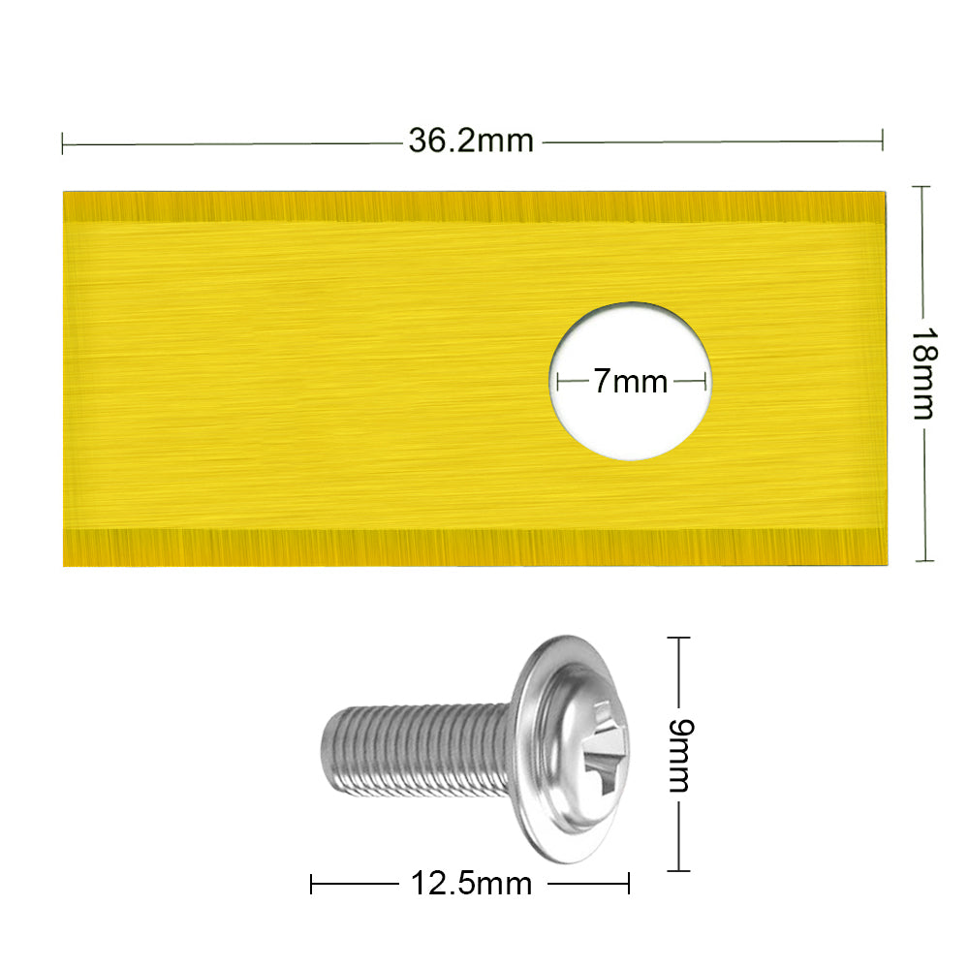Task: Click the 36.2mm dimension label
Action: pyautogui.click(x=471, y=141)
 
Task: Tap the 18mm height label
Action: pyautogui.click(x=924, y=373)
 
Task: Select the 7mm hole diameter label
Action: pyautogui.click(x=631, y=381)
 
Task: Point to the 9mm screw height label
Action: pyautogui.click(x=681, y=755)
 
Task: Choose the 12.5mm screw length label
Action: pyautogui.click(x=471, y=884)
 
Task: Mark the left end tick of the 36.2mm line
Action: pyautogui.click(x=62, y=144)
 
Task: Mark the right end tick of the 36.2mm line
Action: pyautogui.click(x=882, y=141)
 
